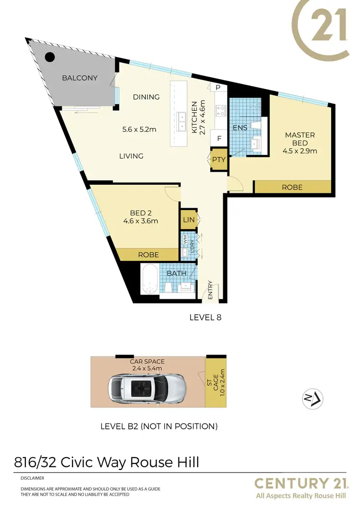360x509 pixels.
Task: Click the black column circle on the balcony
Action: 49,57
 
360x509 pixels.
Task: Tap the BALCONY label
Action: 80,78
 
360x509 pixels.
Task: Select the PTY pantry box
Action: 219,160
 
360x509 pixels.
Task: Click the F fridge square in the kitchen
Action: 219,139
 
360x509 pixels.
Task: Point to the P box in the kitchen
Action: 217,87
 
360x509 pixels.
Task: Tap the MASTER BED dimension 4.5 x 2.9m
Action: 300,151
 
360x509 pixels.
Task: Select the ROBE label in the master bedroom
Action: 292,187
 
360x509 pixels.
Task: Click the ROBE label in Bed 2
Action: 148,255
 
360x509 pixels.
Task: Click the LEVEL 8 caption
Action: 205,317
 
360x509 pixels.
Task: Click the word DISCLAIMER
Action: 33,478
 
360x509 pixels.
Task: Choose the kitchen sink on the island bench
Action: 181,122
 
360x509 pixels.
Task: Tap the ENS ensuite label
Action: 240,128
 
